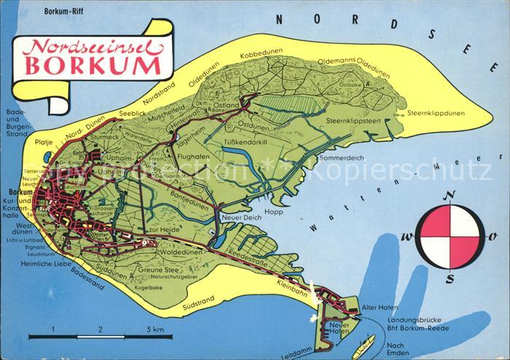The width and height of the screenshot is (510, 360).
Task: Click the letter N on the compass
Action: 452,195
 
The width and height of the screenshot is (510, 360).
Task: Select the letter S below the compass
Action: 452,277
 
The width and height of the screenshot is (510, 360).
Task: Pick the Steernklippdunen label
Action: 436,113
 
